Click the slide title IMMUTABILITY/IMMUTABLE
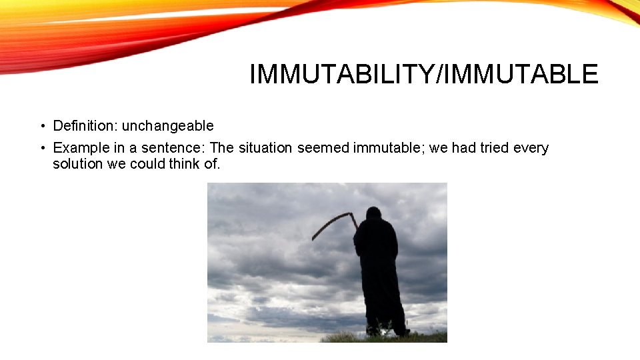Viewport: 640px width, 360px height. [423, 74]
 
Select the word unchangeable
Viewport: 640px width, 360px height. [167, 126]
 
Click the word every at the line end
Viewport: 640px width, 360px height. [531, 148]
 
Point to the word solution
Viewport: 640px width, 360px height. [77, 164]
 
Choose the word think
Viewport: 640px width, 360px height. [184, 164]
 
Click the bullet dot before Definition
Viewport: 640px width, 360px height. [41, 127]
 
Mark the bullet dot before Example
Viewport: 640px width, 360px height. [41, 149]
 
